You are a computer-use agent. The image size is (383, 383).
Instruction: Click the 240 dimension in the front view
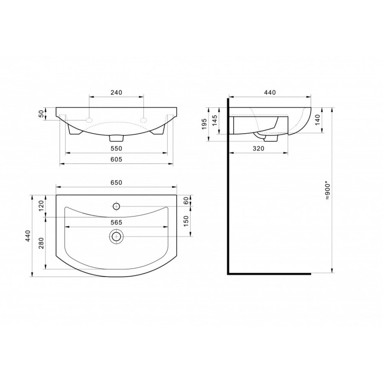click(x=116, y=92)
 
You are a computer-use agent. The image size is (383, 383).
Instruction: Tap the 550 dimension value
click(x=116, y=148)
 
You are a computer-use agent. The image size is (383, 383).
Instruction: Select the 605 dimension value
click(x=116, y=159)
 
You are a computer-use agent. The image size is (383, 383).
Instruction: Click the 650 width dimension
click(x=116, y=182)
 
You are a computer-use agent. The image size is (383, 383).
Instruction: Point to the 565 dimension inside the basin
click(x=116, y=222)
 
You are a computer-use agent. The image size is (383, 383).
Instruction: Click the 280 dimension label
click(x=41, y=243)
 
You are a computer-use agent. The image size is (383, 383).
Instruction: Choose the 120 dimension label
click(x=41, y=205)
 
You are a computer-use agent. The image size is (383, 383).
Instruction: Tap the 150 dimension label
click(x=186, y=221)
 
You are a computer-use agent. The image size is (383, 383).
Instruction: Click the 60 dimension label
click(x=186, y=201)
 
